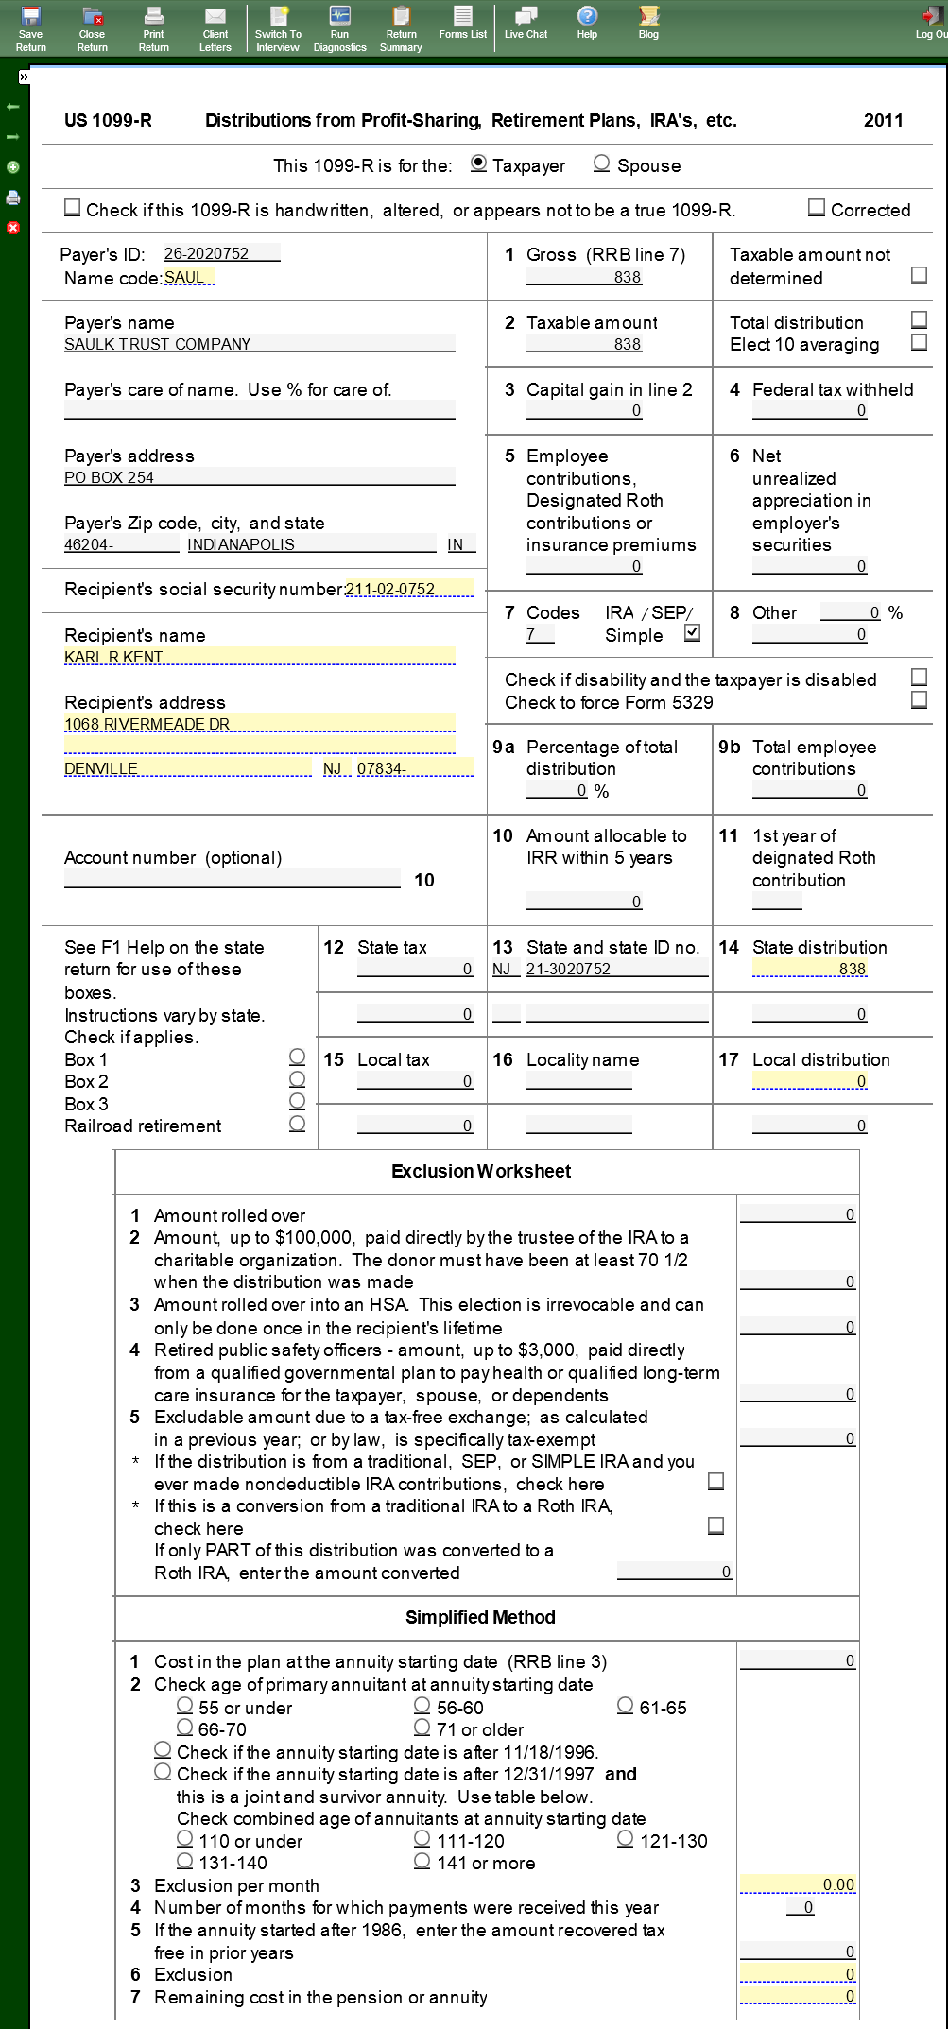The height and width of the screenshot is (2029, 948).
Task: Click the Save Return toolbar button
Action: tap(30, 27)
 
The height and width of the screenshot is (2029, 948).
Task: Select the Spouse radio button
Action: tap(601, 163)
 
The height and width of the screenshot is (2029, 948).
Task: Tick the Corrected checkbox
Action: tap(817, 208)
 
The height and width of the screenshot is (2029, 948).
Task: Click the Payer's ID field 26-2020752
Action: tap(221, 253)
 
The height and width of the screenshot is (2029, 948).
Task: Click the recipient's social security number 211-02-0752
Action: tap(408, 589)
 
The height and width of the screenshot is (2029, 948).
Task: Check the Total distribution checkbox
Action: tap(919, 319)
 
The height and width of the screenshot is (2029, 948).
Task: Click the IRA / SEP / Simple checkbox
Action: tap(693, 633)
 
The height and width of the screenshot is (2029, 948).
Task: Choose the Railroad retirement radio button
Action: tap(297, 1124)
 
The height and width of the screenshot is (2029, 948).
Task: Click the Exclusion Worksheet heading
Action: tap(481, 1171)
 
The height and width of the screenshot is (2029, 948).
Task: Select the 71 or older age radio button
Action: tap(422, 1728)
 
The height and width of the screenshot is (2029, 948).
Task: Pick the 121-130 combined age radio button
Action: tap(625, 1839)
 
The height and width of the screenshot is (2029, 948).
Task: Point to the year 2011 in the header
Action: tap(883, 120)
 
